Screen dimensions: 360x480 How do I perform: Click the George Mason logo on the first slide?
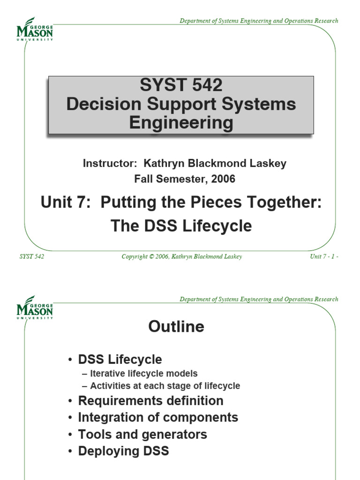(x=35, y=29)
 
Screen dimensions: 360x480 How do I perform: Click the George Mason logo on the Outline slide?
(x=35, y=307)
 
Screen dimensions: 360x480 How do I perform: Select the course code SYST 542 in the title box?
(x=181, y=85)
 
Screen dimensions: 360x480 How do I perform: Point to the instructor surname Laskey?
(x=268, y=164)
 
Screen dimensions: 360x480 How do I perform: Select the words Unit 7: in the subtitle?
(x=66, y=202)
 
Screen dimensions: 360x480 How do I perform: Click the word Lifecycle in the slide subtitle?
(x=217, y=226)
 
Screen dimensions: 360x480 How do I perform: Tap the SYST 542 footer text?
(x=32, y=256)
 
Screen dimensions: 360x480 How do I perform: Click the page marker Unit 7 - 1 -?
(x=324, y=256)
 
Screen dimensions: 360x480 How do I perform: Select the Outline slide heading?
(x=176, y=326)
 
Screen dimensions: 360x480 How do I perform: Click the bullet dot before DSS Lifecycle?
(x=70, y=360)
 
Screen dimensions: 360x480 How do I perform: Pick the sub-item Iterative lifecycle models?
(x=144, y=374)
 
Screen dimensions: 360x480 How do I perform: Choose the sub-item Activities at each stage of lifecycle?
(x=165, y=386)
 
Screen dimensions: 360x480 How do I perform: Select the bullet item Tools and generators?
(x=142, y=435)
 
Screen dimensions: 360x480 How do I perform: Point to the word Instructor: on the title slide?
(x=110, y=163)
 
